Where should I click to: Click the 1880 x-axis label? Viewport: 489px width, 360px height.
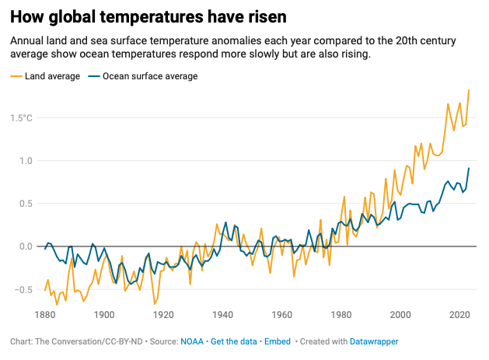pyautogui.click(x=45, y=315)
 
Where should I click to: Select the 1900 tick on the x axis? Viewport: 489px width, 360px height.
pyautogui.click(x=104, y=315)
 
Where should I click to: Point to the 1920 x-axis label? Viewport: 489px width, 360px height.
pyautogui.click(x=163, y=315)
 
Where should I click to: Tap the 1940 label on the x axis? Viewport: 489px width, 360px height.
pyautogui.click(x=222, y=315)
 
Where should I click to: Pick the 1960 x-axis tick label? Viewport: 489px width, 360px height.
pyautogui.click(x=281, y=315)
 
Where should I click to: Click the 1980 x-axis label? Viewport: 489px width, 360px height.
pyautogui.click(x=341, y=315)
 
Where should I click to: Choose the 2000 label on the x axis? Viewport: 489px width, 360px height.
pyautogui.click(x=400, y=315)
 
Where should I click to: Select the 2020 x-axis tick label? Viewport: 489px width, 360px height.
pyautogui.click(x=459, y=315)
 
